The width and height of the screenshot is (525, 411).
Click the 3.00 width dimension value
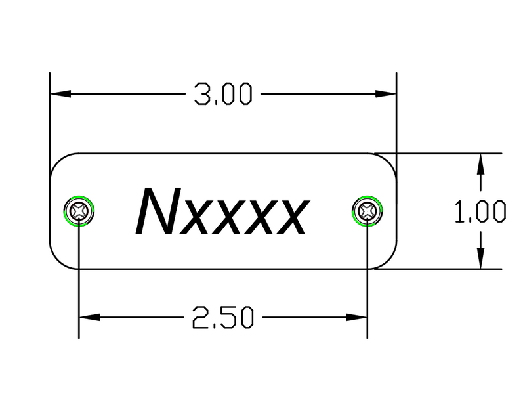pos(223,95)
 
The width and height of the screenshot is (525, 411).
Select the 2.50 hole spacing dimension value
pos(223,319)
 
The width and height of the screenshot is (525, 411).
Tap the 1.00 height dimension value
pos(482,212)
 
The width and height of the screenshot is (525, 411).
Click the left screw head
pos(80,211)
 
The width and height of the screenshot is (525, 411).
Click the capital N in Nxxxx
pos(156,211)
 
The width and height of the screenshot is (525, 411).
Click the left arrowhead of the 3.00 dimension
pos(59,95)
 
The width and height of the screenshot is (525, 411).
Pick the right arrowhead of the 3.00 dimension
pos(388,95)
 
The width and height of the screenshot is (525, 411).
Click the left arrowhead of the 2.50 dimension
pos(88,319)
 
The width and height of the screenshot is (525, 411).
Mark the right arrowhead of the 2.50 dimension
pos(358,319)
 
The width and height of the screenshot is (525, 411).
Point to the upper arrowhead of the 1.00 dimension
pos(482,162)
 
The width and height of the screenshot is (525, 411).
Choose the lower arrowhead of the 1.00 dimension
pos(482,261)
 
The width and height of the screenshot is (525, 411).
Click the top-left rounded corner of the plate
pos(59,162)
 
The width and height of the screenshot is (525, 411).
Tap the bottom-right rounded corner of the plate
pos(388,261)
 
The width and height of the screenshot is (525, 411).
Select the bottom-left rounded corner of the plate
pos(59,261)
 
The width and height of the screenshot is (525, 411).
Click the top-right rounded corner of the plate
pos(388,162)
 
